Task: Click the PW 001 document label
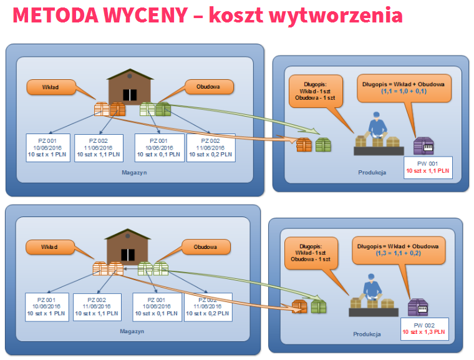tap(427, 163)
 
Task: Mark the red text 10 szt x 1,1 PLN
tap(427, 170)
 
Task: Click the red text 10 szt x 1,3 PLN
tap(423, 332)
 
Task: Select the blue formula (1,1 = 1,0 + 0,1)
tap(403, 90)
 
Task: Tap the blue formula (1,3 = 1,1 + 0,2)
tap(398, 253)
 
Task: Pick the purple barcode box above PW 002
tap(418, 307)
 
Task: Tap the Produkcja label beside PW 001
tap(372, 172)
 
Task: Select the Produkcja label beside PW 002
tap(367, 333)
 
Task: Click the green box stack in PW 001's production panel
tap(322, 145)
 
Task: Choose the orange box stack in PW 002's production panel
tap(300, 306)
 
